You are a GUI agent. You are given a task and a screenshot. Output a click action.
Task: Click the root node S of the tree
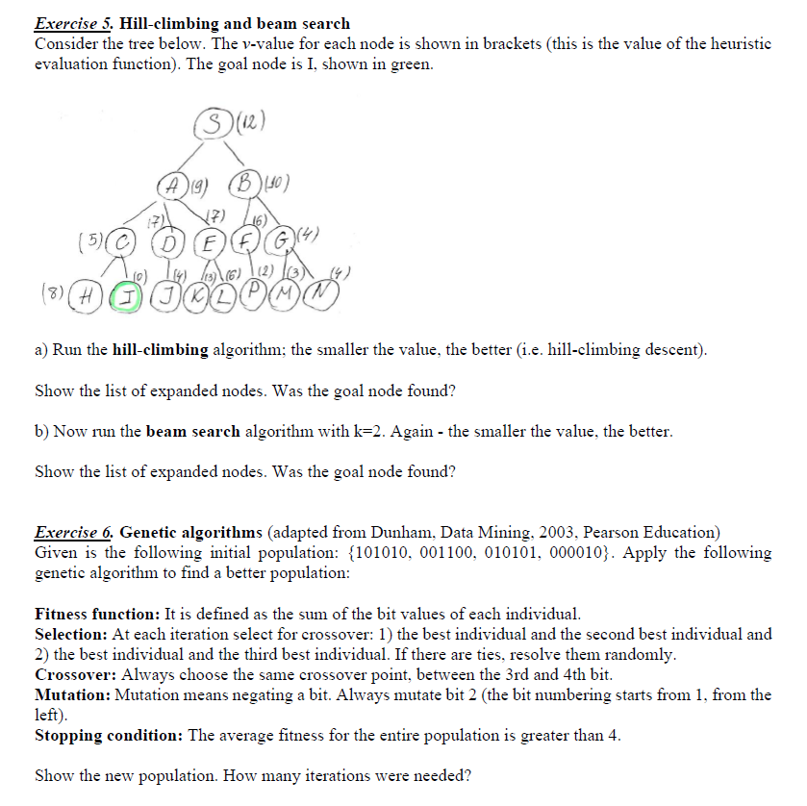coord(218,123)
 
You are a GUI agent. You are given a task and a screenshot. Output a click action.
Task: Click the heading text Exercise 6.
coord(74,532)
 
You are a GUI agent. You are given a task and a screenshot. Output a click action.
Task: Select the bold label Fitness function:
coord(97,613)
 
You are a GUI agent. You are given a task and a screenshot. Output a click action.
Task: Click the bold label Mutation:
coord(72,694)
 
